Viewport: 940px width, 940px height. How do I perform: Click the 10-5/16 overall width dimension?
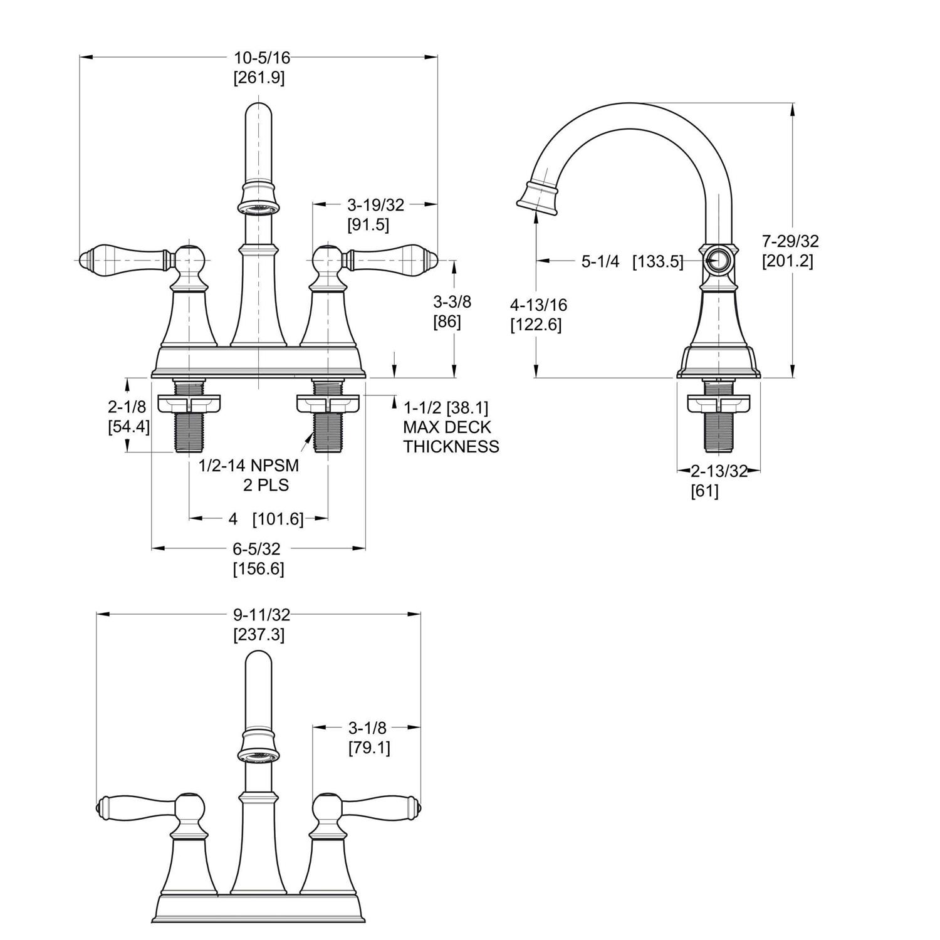262,58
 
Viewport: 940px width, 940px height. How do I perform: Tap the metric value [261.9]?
259,78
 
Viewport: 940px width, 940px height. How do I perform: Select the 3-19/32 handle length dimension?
375,204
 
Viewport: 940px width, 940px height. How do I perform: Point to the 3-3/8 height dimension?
452,301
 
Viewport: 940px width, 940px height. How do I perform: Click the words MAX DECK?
447,427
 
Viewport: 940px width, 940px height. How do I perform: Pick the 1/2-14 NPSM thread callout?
249,466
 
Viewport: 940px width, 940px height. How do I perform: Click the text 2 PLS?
266,485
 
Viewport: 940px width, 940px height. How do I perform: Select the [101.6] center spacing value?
278,519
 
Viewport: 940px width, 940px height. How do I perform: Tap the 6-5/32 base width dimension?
256,549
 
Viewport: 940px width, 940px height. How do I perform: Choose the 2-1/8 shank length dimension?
127,407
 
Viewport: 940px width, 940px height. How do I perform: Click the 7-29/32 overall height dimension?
790,241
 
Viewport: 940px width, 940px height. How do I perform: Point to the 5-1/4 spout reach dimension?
600,261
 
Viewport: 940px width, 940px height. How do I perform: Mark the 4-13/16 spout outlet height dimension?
538,305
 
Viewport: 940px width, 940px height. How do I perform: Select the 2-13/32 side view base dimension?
719,471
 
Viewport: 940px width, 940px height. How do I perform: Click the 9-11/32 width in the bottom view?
262,615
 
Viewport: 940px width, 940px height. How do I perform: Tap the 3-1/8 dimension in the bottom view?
367,728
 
